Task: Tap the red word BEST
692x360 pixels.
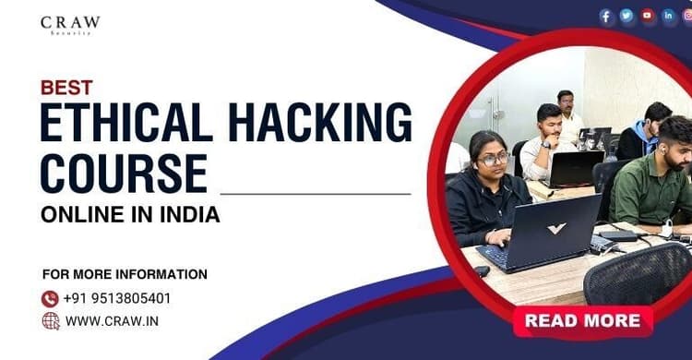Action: tap(66, 89)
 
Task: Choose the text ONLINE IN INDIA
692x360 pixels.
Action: tap(130, 215)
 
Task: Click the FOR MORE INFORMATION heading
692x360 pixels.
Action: tap(125, 274)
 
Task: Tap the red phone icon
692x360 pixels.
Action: tap(50, 298)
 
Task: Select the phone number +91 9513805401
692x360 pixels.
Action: tap(117, 298)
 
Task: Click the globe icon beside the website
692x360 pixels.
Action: tap(50, 320)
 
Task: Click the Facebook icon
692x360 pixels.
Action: tap(606, 16)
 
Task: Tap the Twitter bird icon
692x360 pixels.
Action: tap(626, 16)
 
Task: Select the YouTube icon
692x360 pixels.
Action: tap(648, 16)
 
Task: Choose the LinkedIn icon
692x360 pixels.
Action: tap(668, 16)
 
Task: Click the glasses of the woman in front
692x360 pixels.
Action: tap(494, 159)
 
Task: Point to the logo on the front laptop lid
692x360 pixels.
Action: tap(555, 228)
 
